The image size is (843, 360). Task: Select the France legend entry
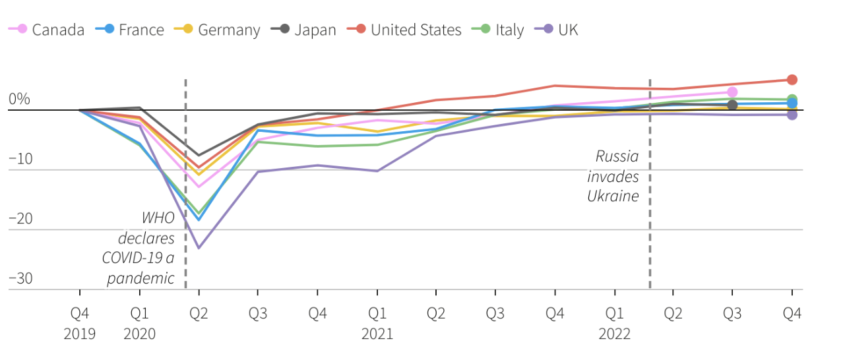coord(140,30)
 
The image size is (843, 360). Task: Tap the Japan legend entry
coord(315,30)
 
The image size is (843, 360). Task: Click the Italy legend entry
coord(509,30)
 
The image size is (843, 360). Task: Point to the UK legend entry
coord(567,30)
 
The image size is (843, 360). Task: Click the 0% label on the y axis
coord(19,100)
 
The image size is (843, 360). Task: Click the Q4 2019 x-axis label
coord(80,323)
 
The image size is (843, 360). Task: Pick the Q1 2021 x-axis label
coord(377,323)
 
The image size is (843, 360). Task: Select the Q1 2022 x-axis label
coord(614,323)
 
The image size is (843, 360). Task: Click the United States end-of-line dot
coord(792,80)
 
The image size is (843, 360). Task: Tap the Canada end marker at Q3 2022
coord(732,92)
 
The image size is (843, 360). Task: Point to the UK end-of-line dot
coord(792,115)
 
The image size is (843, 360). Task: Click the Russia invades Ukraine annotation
coord(613,176)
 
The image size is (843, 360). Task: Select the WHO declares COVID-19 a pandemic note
coord(139,248)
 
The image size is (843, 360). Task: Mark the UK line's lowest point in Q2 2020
coord(199,248)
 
